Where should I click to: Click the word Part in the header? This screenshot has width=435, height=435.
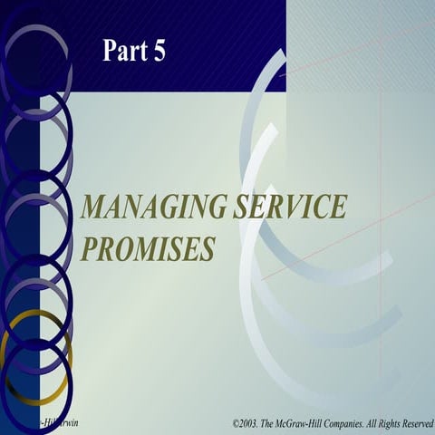point(124,52)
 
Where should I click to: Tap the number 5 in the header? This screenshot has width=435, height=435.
point(159,52)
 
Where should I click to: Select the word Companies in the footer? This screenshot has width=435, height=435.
point(356,423)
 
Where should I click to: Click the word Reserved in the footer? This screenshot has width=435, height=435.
point(416,423)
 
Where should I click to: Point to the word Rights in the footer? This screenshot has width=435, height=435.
point(388,423)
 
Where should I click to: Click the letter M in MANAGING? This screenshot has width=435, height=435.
point(92,208)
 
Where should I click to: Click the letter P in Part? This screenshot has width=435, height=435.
point(109,52)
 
